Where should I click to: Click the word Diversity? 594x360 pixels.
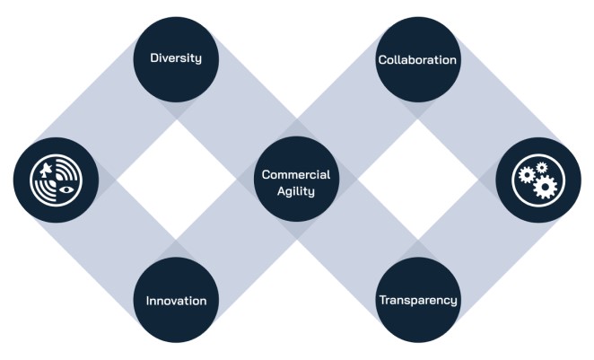[x=176, y=58]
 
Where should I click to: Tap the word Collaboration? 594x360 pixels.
[x=417, y=59]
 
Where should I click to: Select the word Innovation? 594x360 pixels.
[x=176, y=300]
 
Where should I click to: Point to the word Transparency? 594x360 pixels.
[x=417, y=300]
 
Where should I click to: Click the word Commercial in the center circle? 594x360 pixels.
[x=296, y=173]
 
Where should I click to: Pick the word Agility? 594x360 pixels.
[x=296, y=190]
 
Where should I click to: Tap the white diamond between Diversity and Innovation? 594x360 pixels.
[x=176, y=180]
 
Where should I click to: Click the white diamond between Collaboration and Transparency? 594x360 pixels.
[x=417, y=180]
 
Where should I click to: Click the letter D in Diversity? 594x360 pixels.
[x=153, y=58]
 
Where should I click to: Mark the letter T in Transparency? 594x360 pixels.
[x=380, y=300]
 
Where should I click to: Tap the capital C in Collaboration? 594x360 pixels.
[x=381, y=59]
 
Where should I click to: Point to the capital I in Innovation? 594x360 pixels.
[x=148, y=300]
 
